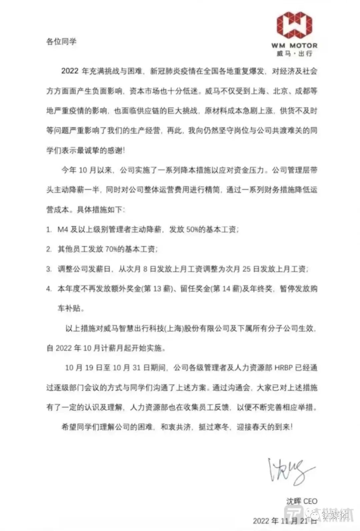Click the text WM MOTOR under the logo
tap(294, 45)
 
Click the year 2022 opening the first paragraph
tap(70, 71)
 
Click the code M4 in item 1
tap(63, 230)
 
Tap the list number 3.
tap(49, 269)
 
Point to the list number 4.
tap(49, 288)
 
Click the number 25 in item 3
tap(246, 269)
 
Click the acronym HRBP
tap(285, 368)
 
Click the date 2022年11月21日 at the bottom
tap(280, 521)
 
